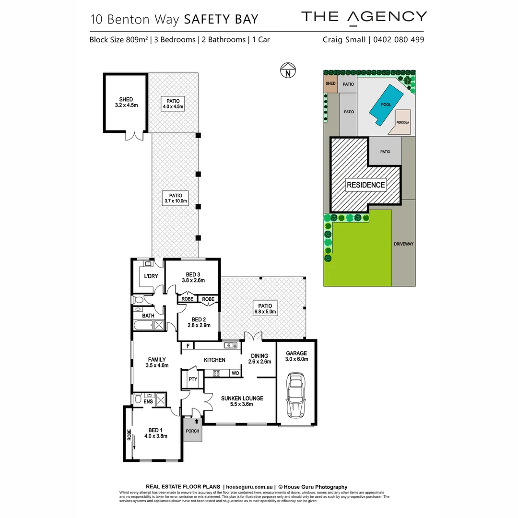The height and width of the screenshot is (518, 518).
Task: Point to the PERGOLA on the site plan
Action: (x=402, y=121)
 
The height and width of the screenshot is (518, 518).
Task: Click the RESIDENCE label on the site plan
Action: (x=365, y=185)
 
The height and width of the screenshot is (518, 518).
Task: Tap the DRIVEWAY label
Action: (x=403, y=244)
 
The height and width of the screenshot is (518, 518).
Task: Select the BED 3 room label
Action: (x=193, y=277)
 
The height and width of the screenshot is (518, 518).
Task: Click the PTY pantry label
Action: (x=193, y=379)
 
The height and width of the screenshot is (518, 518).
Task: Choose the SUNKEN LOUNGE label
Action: (x=242, y=401)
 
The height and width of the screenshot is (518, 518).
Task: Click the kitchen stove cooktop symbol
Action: (x=216, y=373)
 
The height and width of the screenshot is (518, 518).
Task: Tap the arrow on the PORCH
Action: (x=196, y=421)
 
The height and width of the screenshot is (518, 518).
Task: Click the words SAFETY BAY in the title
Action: (x=221, y=19)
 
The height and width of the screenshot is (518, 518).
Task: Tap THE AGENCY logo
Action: (x=364, y=17)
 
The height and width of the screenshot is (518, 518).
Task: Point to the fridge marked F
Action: (x=188, y=345)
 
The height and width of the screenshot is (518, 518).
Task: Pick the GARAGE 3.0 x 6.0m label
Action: (x=296, y=356)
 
